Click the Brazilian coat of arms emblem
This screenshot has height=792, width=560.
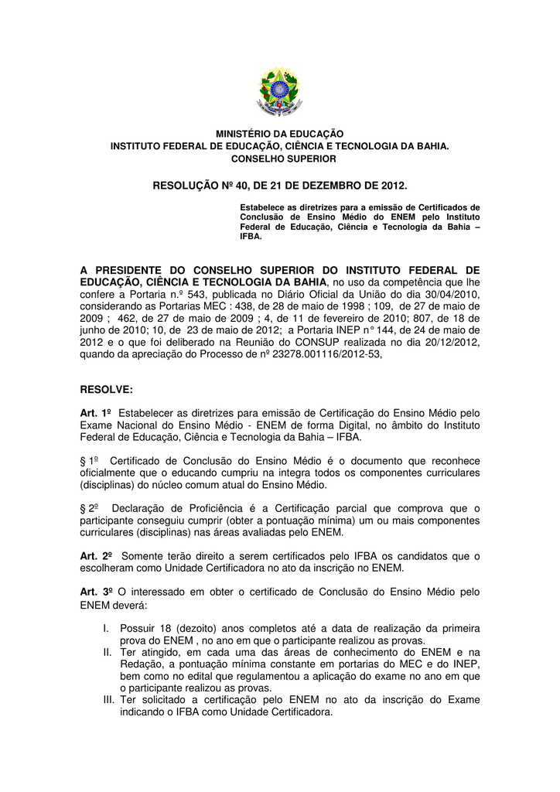click(279, 91)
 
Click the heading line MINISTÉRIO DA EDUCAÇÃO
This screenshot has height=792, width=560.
click(279, 134)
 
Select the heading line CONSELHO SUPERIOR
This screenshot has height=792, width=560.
click(279, 159)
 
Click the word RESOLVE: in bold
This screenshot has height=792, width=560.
click(107, 388)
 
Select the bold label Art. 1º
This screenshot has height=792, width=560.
click(97, 415)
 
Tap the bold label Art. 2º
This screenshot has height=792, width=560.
click(97, 556)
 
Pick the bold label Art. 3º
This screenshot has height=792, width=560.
click(97, 592)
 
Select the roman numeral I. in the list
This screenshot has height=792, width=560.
click(107, 630)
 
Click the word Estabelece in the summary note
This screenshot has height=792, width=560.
click(263, 207)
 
